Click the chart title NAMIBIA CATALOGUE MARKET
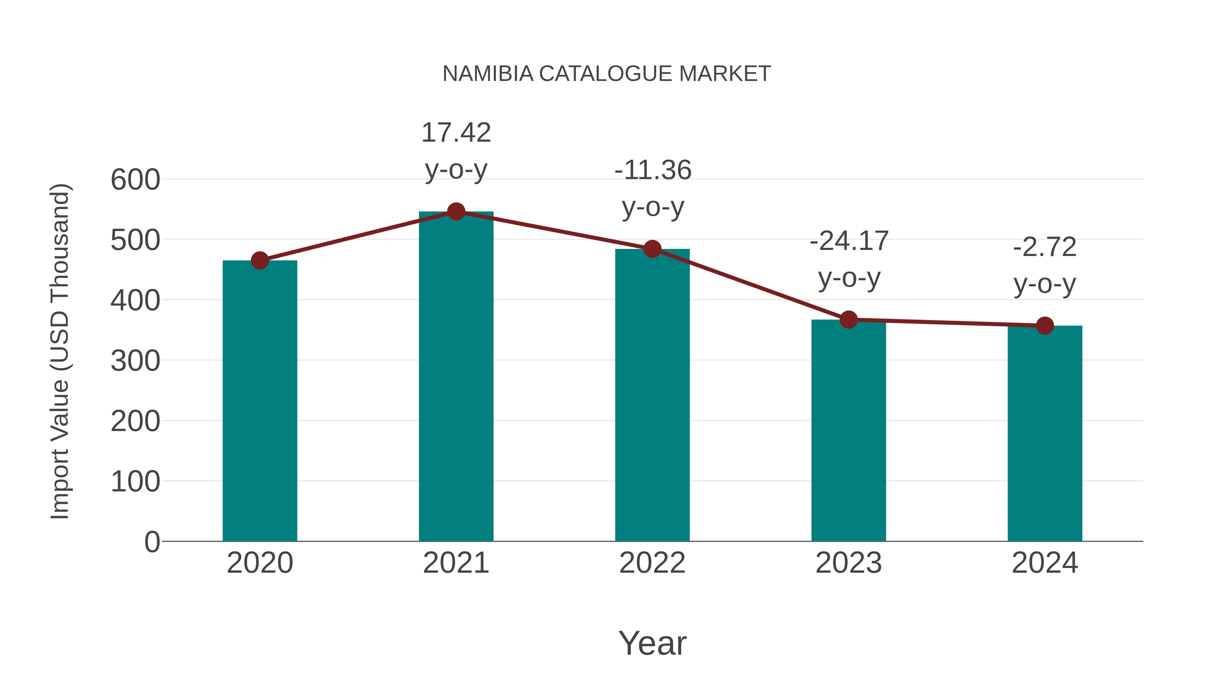point(607,74)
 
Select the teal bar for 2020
point(260,401)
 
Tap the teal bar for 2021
point(456,377)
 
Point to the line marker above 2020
point(260,260)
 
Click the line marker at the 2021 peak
point(456,211)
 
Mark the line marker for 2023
point(848,320)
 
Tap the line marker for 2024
point(1045,325)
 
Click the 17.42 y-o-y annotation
point(456,150)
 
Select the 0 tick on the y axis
point(152,542)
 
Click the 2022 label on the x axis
point(652,563)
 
